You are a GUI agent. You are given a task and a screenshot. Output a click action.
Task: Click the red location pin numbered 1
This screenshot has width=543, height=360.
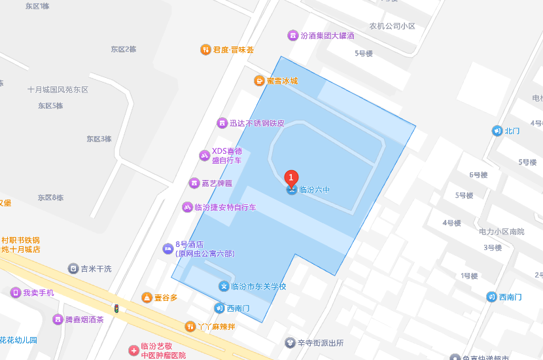coord(291,177)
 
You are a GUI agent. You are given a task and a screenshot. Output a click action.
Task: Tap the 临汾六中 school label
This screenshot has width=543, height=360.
coord(314,190)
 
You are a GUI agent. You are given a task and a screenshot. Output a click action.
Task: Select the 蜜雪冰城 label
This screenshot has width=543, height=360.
coord(281,81)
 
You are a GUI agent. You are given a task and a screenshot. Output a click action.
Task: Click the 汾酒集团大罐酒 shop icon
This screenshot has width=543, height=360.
coord(292,35)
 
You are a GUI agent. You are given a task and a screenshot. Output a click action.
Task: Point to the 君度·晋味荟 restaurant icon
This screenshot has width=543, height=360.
coord(205,50)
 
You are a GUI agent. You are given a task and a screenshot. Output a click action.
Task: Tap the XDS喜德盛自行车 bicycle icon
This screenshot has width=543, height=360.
coord(205,155)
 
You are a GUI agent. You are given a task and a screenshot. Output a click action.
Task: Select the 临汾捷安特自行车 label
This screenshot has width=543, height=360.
coord(225,207)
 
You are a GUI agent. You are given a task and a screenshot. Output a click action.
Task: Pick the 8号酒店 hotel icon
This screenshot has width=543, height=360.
coord(168,249)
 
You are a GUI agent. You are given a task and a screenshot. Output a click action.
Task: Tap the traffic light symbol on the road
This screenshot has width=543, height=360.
coord(116,308)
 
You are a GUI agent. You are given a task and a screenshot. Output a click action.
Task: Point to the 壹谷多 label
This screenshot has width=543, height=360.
coord(166,298)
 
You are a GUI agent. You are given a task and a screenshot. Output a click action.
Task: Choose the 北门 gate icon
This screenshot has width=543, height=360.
coord(497,131)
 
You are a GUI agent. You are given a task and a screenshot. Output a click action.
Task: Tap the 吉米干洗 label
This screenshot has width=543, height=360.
coord(96,268)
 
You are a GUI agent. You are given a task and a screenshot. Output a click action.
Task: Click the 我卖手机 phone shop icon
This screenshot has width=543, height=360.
coord(15,293)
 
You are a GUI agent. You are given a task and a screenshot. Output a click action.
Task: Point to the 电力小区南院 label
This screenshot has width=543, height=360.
coord(501,232)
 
